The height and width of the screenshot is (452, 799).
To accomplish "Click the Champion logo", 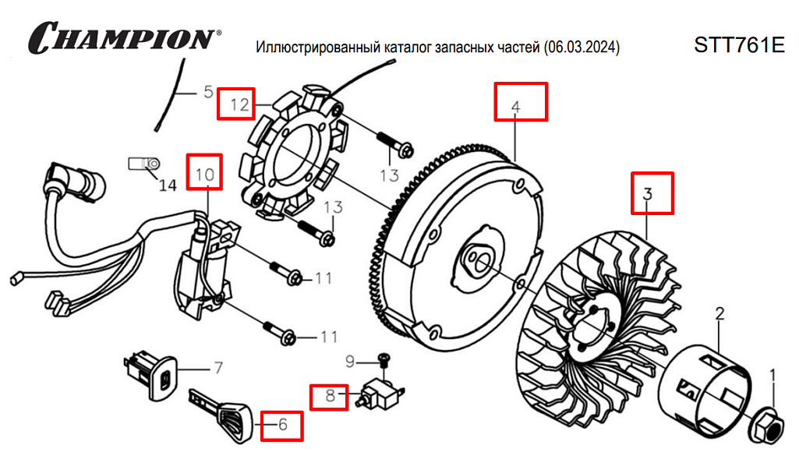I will click(123, 37).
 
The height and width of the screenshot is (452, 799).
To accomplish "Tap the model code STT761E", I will click(738, 45).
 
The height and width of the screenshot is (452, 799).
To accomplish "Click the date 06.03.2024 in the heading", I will click(581, 48).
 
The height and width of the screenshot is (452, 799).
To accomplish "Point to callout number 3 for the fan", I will click(652, 193).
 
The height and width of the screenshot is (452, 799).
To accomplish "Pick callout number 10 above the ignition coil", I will click(204, 175).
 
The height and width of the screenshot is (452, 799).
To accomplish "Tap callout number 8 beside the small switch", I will click(330, 397).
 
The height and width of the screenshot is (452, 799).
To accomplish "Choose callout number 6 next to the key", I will click(281, 425).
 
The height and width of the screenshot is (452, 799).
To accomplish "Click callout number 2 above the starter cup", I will click(719, 314).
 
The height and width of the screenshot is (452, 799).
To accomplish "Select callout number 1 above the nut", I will click(772, 376).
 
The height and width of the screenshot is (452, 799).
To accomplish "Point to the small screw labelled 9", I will click(383, 358).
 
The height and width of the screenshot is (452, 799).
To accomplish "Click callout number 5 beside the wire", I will click(207, 92).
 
